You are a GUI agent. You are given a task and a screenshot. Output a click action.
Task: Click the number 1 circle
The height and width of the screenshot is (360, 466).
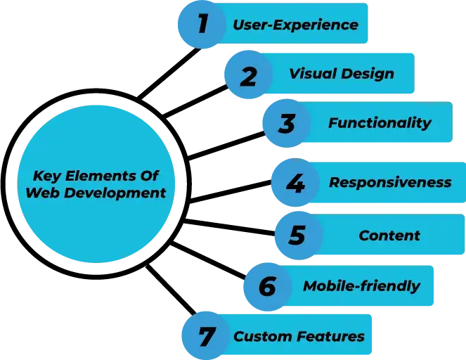click(x=202, y=24)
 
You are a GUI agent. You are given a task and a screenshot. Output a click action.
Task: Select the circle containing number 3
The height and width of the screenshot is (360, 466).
click(x=286, y=124)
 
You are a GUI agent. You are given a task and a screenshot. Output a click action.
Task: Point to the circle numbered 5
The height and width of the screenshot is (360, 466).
click(x=297, y=235)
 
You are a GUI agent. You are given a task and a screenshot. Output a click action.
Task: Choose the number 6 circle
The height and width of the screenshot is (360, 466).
click(x=268, y=287)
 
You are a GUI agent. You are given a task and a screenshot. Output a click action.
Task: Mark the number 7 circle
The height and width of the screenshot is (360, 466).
click(x=206, y=337)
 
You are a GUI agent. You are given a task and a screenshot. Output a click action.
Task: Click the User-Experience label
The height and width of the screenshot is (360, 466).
click(x=296, y=25)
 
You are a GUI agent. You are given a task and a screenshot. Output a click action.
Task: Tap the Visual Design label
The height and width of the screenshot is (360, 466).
click(x=341, y=74)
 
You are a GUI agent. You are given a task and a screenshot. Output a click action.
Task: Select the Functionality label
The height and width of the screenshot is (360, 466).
click(x=380, y=123)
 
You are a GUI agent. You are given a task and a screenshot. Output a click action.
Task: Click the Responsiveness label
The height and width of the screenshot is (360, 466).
click(x=390, y=183)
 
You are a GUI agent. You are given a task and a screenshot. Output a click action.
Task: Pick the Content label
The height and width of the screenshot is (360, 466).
click(x=389, y=236)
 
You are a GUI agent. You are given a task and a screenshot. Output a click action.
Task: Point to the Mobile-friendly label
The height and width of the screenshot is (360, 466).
click(x=361, y=286)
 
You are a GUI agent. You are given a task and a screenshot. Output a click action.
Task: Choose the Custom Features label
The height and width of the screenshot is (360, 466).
click(x=299, y=337)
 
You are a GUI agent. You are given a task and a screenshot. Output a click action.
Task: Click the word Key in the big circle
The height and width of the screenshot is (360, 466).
click(x=47, y=176)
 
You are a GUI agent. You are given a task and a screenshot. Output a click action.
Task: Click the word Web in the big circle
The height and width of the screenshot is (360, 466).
click(x=40, y=193)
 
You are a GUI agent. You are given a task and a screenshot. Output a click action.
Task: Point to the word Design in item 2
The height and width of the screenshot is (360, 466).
click(x=369, y=74)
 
